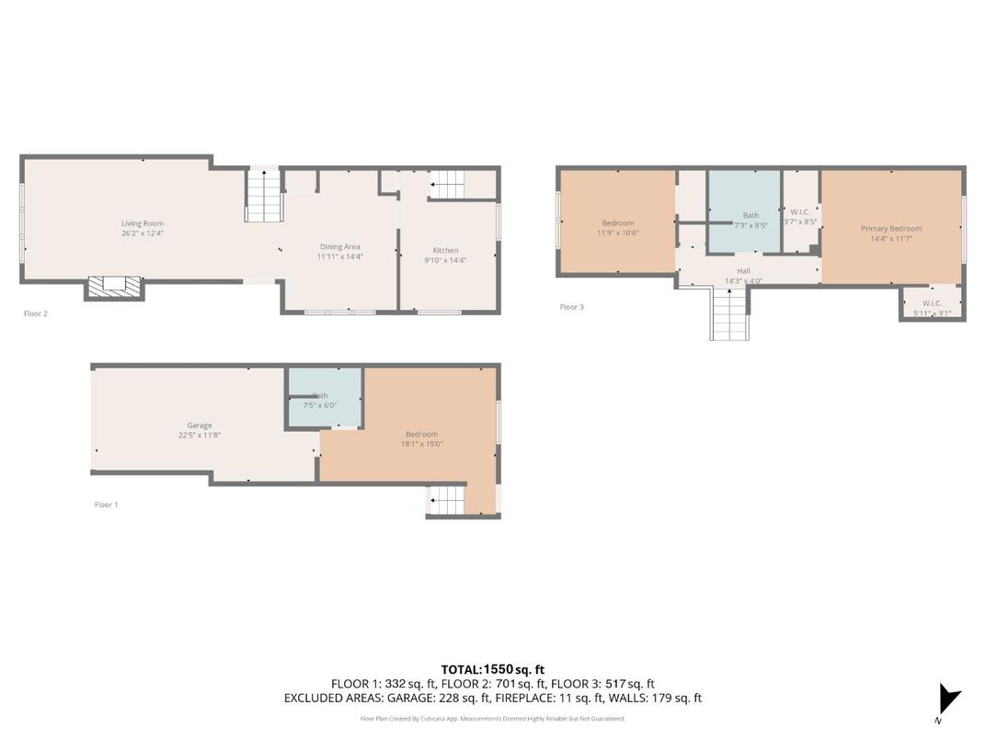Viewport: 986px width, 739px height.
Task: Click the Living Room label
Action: tap(142, 223)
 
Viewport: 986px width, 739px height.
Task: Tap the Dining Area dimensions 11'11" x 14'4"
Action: tap(339, 257)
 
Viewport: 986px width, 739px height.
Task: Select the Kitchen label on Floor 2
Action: tap(445, 250)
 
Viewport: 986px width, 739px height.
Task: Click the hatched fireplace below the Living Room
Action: tap(115, 287)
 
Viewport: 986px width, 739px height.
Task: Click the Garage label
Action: tap(200, 426)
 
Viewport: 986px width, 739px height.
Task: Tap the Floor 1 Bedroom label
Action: tap(421, 435)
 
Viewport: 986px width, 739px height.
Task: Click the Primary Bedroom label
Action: tap(890, 229)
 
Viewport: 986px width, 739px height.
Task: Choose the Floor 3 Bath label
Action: tap(751, 216)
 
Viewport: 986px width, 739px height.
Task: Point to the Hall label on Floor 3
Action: tap(743, 271)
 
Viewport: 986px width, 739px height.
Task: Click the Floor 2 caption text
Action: tap(35, 313)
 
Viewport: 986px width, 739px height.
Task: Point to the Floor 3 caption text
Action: tap(571, 307)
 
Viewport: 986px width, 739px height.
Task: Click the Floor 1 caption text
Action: tap(107, 505)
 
